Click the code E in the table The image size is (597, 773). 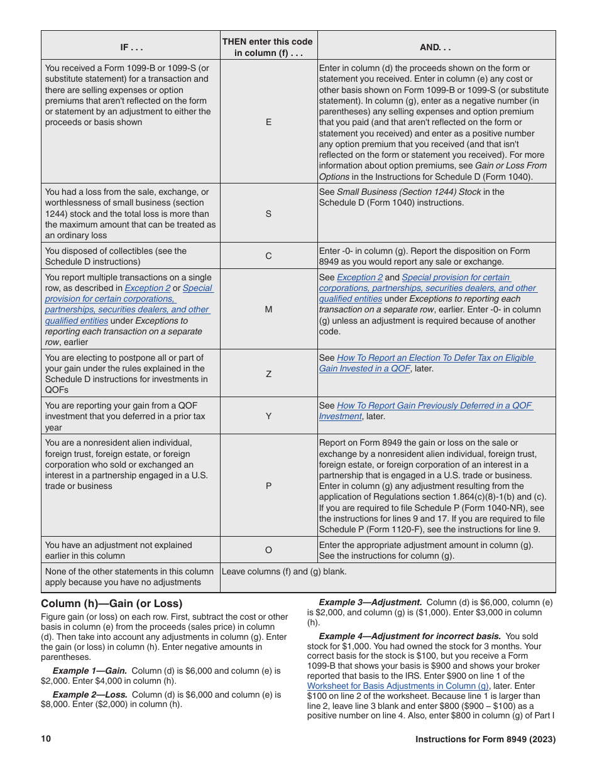point(268,122)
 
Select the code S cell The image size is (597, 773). point(268,214)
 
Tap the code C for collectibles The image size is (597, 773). point(268,256)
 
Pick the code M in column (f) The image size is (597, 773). point(268,309)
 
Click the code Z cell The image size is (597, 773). point(268,373)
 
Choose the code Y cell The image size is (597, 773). point(268,416)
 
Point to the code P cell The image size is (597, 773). point(268,486)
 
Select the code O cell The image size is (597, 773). point(268,550)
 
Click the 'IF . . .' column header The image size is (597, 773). point(130,47)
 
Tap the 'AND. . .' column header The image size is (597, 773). point(436,47)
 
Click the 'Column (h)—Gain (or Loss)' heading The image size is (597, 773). point(111,604)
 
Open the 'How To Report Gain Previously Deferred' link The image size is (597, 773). point(434,405)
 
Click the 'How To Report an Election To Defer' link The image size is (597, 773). point(435,358)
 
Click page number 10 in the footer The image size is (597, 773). point(46,740)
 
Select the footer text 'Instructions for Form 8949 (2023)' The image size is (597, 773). point(485,740)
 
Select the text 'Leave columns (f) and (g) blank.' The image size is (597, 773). point(284,572)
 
